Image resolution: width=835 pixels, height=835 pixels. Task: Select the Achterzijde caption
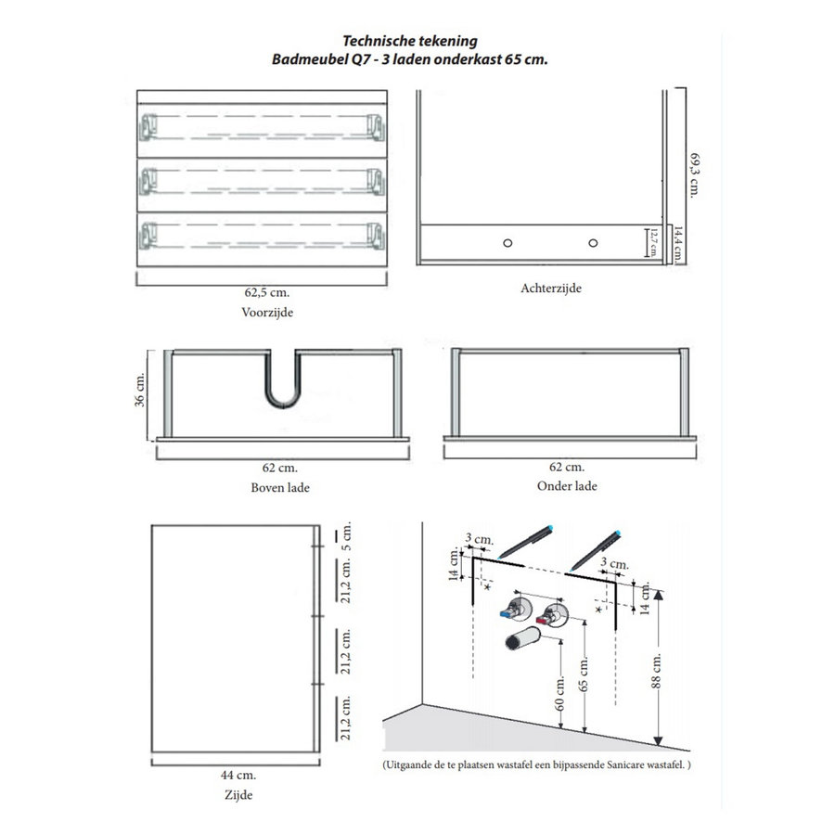coord(551,289)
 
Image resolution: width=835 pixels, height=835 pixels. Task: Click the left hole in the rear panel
coord(507,243)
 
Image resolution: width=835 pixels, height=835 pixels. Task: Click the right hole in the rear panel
coord(592,243)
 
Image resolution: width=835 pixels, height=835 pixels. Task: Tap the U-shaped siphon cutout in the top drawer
coord(283,384)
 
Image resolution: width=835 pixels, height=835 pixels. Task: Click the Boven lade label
coord(280,487)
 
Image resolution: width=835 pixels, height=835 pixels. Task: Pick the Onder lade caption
coord(567,486)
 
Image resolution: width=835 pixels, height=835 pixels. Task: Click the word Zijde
coord(238,794)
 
